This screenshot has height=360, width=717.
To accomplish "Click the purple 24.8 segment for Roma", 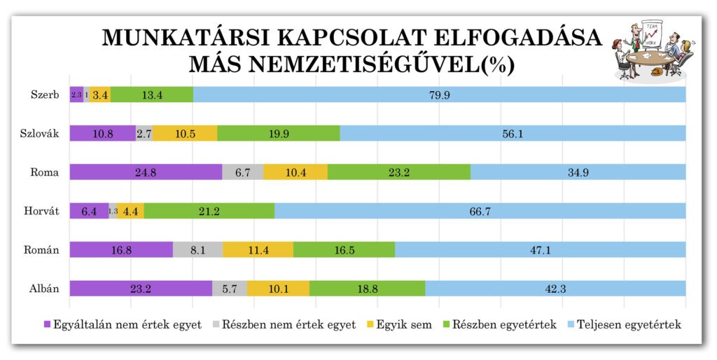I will coord(146,172).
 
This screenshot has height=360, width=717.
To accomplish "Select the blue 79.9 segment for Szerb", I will coord(439,95).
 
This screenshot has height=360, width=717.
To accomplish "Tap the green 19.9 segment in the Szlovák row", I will coord(279,134).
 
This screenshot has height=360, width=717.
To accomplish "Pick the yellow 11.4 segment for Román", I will coord(258,250).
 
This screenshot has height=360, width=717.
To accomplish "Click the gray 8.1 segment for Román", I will coord(197,250).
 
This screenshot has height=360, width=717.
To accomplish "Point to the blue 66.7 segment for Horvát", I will coord(480,211).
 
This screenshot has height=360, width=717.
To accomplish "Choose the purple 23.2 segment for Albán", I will coord(141,289).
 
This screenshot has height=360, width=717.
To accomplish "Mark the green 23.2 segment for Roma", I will coord(398,172).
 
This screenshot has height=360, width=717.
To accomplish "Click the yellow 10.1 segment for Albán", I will coord(278,289).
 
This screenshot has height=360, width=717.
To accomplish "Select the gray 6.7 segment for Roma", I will coord(243,172).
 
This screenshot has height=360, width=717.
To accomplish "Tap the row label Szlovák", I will coord(39,134).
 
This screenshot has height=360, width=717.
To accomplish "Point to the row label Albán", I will coord(43,289).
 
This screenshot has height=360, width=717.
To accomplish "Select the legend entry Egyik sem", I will coord(404,324).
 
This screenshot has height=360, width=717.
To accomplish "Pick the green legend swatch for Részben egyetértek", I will coord(446,325).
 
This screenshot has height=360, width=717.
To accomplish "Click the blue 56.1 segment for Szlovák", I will coord(513,134).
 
